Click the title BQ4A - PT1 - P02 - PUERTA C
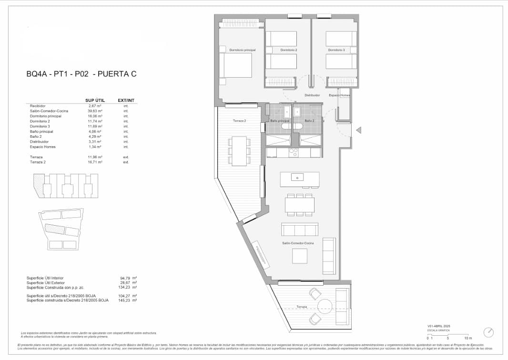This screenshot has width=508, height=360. pyautogui.click(x=81, y=74)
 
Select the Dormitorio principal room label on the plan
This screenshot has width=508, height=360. pyautogui.click(x=242, y=50)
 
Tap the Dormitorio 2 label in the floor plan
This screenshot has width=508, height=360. pyautogui.click(x=288, y=50)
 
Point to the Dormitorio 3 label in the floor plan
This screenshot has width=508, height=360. pyautogui.click(x=336, y=50)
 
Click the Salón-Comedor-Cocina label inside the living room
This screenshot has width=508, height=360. pyautogui.click(x=298, y=243)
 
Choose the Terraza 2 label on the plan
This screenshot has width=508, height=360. pyautogui.click(x=239, y=121)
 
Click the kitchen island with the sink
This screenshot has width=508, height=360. pyautogui.click(x=299, y=179)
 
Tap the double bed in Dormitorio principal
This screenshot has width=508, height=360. pyautogui.click(x=235, y=65)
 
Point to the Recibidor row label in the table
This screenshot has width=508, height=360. pyautogui.click(x=38, y=106)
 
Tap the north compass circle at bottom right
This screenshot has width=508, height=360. pyautogui.click(x=488, y=331)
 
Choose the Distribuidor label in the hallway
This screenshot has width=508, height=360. pyautogui.click(x=312, y=95)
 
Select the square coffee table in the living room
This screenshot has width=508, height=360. pyautogui.click(x=300, y=256)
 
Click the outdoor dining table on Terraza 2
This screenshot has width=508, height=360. pyautogui.click(x=239, y=151)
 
